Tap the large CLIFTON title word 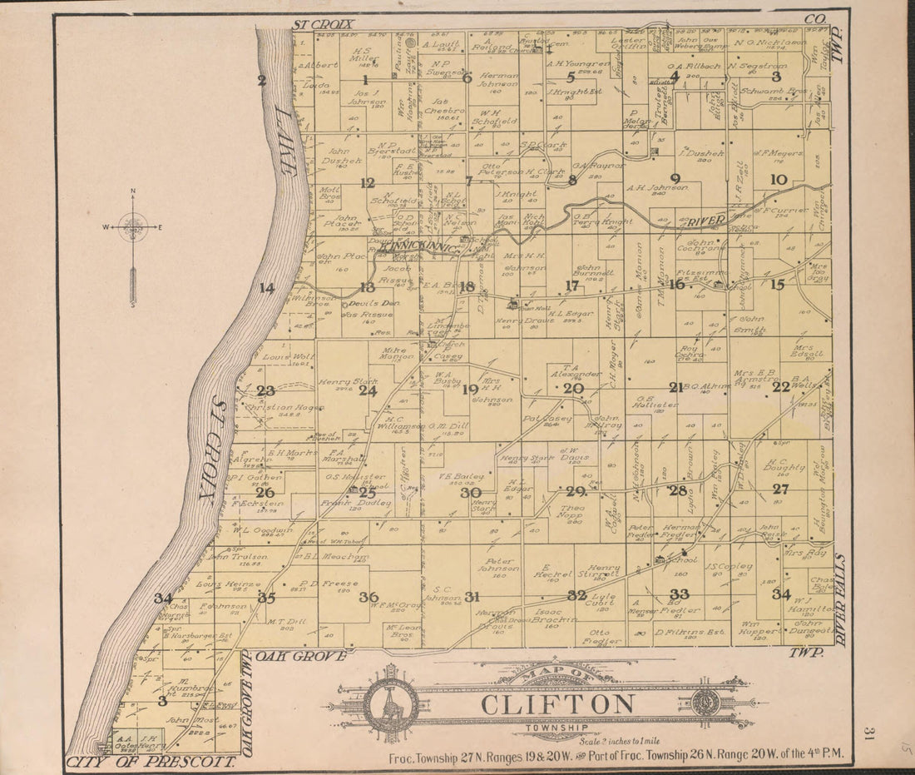click(x=556, y=704)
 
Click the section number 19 click(x=471, y=389)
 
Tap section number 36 click(x=368, y=597)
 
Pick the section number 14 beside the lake click(x=266, y=288)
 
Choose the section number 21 click(x=675, y=387)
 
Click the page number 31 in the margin click(x=868, y=733)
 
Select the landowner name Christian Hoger click(x=283, y=408)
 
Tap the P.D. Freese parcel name click(x=317, y=584)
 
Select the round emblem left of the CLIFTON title click(x=391, y=705)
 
